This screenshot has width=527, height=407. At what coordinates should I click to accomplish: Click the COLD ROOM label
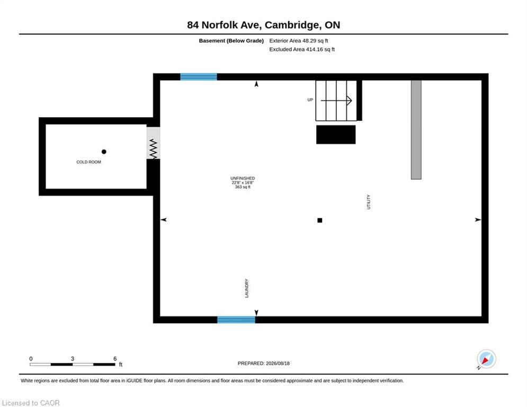[88, 162]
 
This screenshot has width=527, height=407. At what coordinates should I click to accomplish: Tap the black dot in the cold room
[104, 152]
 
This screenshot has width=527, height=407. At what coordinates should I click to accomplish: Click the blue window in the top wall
[199, 77]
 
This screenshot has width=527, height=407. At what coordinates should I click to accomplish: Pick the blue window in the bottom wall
[236, 320]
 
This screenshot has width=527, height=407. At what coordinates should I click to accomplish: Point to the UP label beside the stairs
[310, 100]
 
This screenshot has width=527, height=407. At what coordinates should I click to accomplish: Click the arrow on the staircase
[336, 100]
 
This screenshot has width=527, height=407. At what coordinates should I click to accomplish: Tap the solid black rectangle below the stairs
[336, 135]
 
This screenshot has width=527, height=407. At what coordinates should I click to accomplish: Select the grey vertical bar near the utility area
[416, 129]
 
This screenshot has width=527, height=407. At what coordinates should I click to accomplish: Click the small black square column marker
[319, 220]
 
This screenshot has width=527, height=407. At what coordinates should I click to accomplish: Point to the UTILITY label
[368, 202]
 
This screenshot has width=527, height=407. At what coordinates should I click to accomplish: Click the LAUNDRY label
[247, 288]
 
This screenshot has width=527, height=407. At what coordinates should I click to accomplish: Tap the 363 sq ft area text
[243, 187]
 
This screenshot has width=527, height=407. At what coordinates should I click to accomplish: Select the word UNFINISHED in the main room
[243, 178]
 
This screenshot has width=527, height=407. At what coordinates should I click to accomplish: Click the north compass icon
[486, 359]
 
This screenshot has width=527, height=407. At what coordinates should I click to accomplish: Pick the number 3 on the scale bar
[72, 359]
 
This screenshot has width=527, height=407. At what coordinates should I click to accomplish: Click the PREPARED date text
[264, 363]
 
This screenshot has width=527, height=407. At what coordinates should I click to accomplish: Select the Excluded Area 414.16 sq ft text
[302, 49]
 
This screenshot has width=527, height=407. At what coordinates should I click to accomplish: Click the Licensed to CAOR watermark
[31, 403]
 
